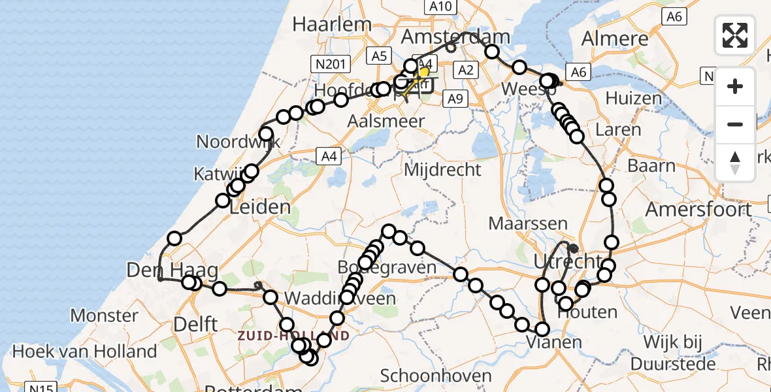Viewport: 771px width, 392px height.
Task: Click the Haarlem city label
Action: pos(331,24)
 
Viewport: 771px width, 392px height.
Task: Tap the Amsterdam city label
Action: pos(455,35)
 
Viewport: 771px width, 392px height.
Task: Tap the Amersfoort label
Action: pos(698,210)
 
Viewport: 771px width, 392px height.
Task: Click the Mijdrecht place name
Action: pos(442,170)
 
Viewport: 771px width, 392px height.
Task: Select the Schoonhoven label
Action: pos(435,376)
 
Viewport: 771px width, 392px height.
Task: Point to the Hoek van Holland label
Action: pos(85,351)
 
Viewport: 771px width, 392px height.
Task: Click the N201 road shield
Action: pos(331,63)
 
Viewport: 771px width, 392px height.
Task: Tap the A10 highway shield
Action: pos(442,7)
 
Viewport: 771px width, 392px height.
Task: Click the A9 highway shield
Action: pos(455,99)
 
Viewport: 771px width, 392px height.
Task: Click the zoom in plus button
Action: pos(735,86)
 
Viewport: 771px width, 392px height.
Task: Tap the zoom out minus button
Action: pos(735,124)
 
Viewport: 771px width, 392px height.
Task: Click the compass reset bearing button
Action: pos(735,162)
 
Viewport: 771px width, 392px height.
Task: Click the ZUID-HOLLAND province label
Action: pos(302,336)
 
